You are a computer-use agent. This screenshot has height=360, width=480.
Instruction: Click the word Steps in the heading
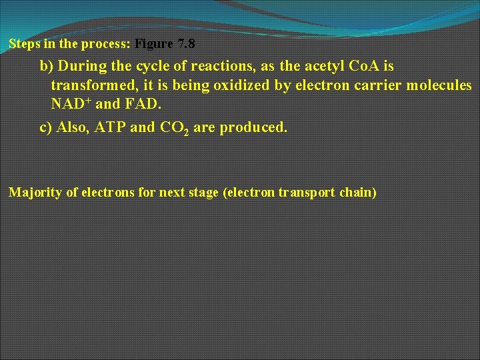pyautogui.click(x=23, y=45)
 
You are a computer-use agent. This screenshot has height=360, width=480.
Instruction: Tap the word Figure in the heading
pyautogui.click(x=154, y=45)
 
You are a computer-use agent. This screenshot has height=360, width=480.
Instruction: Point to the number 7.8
pyautogui.click(x=187, y=45)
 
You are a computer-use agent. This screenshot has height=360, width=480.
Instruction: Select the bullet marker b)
pyautogui.click(x=47, y=67)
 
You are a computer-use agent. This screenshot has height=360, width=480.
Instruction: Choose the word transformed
pyautogui.click(x=92, y=86)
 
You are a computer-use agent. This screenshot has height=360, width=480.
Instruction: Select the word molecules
pyautogui.click(x=440, y=86)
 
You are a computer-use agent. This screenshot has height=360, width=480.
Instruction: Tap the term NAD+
pyautogui.click(x=71, y=105)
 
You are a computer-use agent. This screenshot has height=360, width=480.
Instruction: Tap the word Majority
pyautogui.click(x=33, y=193)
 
